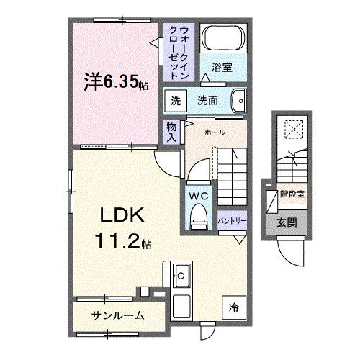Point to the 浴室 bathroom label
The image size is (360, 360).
coord(221,68)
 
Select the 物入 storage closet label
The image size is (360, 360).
coord(172,130)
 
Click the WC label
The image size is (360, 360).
coord(199,195)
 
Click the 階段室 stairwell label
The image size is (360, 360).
coord(291,193)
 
